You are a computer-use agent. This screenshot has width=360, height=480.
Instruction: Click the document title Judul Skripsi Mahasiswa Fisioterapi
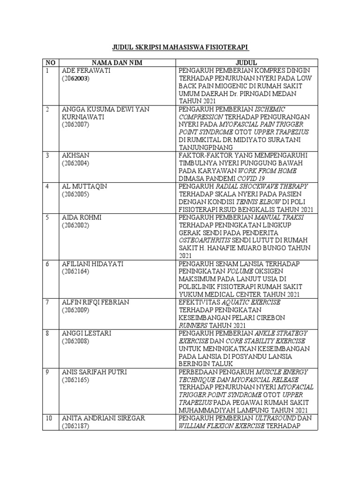[180, 48]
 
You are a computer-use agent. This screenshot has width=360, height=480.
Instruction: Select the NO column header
[50, 62]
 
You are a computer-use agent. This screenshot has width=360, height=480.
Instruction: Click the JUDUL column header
[246, 62]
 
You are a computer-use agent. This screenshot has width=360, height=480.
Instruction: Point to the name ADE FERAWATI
[85, 70]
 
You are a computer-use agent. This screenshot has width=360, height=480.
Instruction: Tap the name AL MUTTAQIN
[84, 186]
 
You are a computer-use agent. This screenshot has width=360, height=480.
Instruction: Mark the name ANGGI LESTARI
[85, 333]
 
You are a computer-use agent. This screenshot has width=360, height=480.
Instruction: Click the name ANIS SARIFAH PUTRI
[94, 372]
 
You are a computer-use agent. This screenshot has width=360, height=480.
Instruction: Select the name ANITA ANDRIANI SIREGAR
[104, 418]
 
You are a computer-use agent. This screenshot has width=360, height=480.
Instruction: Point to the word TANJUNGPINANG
[206, 148]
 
